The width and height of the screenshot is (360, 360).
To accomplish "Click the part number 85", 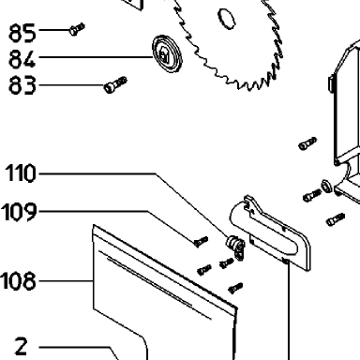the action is point(22,33).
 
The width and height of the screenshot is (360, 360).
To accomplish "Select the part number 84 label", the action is point(22,59).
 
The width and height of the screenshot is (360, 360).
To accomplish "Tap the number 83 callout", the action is point(22,85).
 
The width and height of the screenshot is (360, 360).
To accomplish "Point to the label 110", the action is point(22,172).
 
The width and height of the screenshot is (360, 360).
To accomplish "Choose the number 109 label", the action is point(20,212).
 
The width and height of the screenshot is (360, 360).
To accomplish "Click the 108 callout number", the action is point(19,281).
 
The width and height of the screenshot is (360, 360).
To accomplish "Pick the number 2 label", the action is point(22,346).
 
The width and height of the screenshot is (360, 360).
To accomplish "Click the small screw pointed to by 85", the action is point(77,29).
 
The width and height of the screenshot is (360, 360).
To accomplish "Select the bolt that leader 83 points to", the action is point(115,84).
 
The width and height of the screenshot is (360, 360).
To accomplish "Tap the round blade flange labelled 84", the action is point(167,54).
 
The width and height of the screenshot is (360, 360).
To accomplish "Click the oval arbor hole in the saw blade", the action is point(226,19).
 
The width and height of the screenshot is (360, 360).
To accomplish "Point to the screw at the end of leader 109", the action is point(201,241).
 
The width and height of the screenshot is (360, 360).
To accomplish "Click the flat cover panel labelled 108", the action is point(162,291).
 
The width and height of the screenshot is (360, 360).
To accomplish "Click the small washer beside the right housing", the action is point(326,186).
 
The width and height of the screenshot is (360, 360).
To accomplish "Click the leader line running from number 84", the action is point(96,57).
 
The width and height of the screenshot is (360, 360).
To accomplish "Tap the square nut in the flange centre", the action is point(164,54).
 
